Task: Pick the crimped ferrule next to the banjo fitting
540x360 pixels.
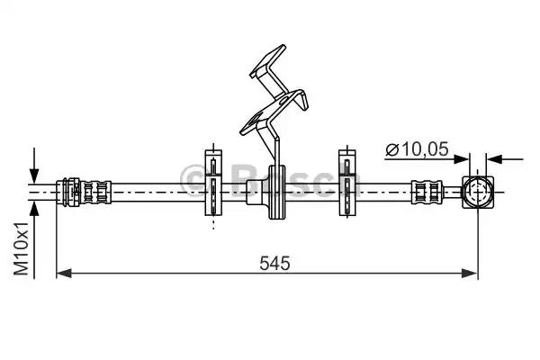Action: [427, 192]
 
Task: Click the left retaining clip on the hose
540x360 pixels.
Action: [212, 184]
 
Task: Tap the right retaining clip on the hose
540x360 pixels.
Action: [346, 184]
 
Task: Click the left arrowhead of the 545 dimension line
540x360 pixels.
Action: [62, 271]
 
